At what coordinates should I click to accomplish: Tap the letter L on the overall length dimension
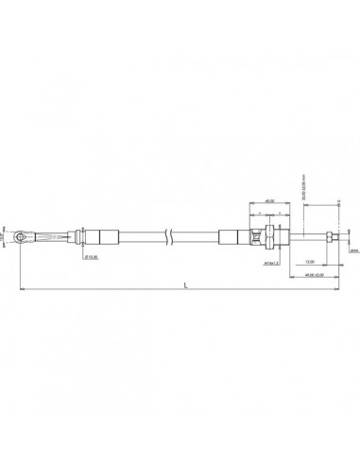(185, 284)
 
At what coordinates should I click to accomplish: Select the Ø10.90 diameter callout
(91, 254)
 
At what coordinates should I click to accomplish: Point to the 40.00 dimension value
(269, 201)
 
